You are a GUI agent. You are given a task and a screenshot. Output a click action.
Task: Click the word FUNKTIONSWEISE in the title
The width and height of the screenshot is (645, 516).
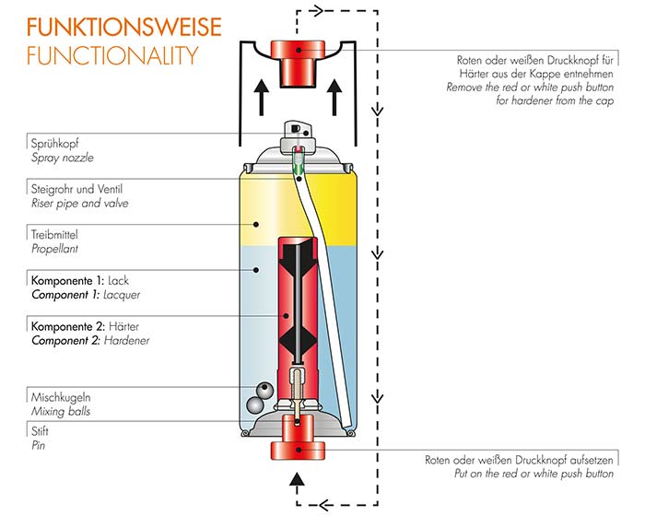[x=111, y=25]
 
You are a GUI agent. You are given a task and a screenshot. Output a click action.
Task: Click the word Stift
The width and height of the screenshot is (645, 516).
[x=41, y=430]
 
